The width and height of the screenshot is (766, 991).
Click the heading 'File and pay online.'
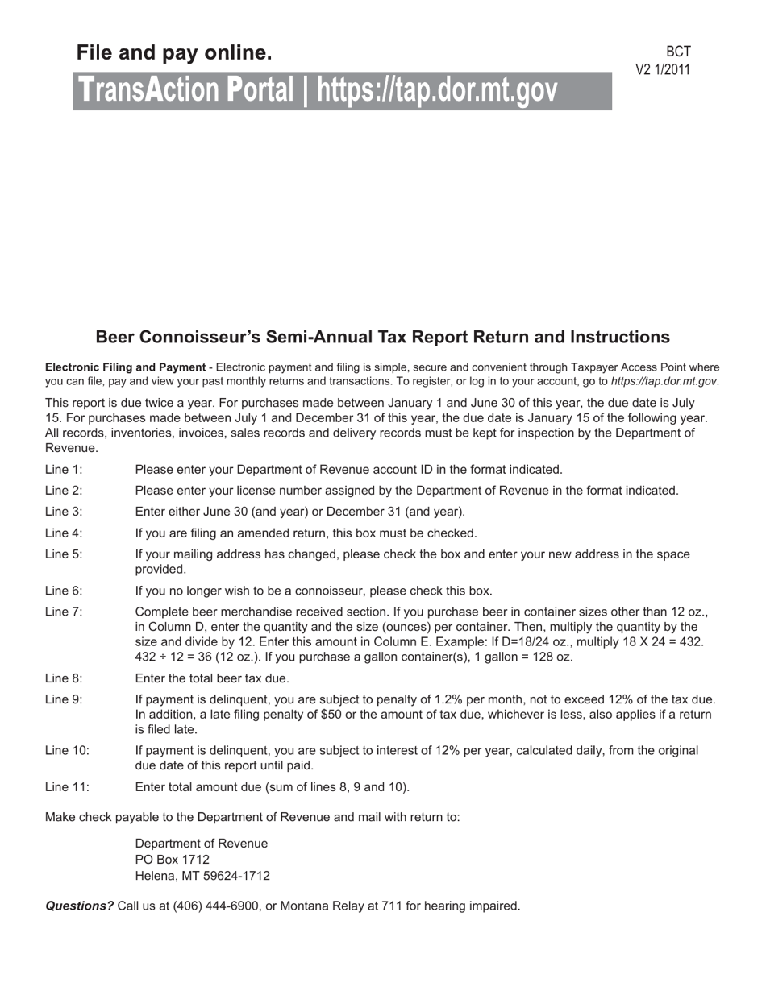coord(174,53)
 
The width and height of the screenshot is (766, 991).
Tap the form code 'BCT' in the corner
coord(678,52)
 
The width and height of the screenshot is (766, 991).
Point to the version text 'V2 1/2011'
coord(663,70)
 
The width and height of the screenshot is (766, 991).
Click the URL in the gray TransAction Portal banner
coord(437,91)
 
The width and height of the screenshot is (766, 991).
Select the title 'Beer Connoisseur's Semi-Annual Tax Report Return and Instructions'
coord(382,337)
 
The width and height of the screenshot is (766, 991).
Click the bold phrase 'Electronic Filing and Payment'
coord(125,367)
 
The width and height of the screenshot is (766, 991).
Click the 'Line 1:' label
coord(64,470)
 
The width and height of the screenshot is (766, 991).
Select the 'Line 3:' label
coord(64,512)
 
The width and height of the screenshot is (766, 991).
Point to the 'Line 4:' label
coord(64,533)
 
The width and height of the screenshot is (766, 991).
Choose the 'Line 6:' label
coord(64,591)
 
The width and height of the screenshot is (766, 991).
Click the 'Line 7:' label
coord(64,612)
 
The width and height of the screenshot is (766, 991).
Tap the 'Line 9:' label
coord(64,699)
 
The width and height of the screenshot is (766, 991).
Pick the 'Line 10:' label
coord(67,751)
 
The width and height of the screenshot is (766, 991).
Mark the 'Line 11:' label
coord(67,787)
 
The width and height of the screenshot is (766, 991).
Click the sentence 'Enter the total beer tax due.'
coord(212,678)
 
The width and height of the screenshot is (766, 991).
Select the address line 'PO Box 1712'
coord(172,860)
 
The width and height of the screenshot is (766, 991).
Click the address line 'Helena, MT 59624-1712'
coord(202,876)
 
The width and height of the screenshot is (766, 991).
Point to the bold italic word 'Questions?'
coord(79,906)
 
